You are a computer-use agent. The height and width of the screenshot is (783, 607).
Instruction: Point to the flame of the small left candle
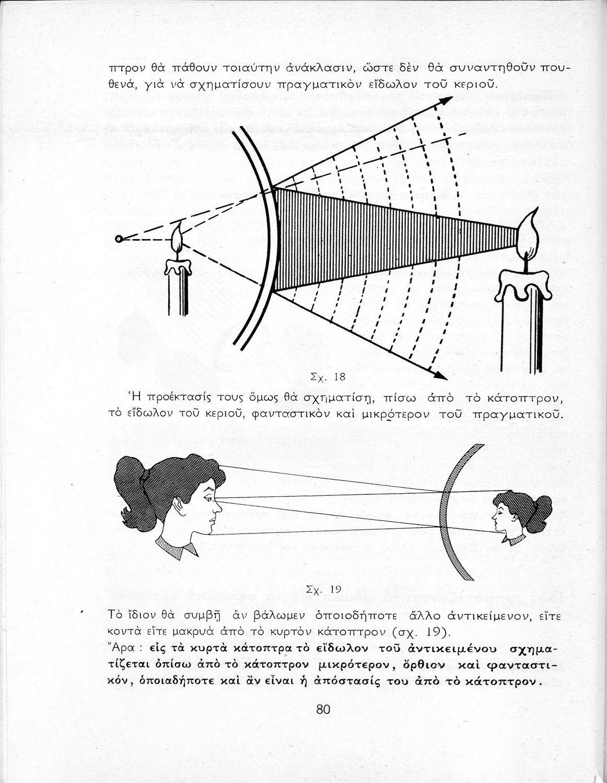click(x=178, y=241)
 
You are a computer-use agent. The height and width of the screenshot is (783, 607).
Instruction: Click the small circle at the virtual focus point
click(x=119, y=239)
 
